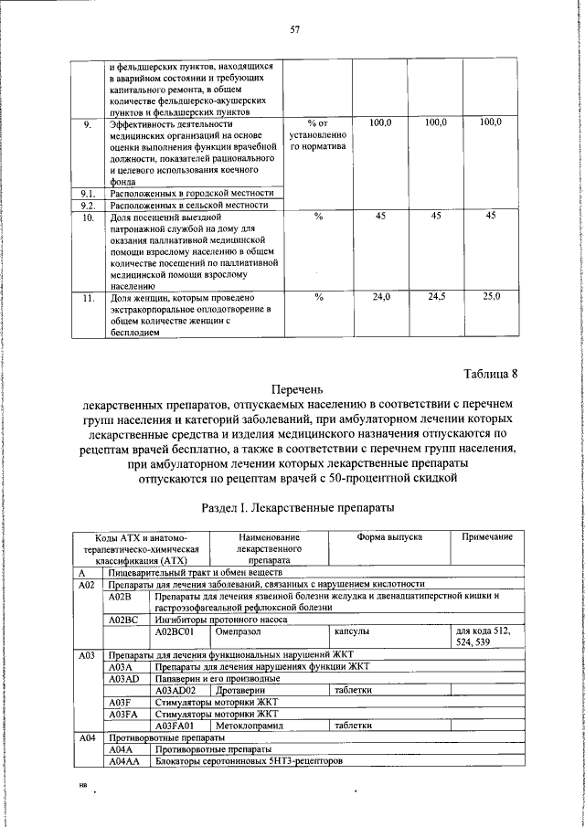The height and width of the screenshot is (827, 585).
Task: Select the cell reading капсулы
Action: coord(351,631)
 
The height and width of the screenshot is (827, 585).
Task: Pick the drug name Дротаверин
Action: coord(240,691)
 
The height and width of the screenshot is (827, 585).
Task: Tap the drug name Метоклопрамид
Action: coord(250,726)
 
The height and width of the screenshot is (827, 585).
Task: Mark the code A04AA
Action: coord(124,760)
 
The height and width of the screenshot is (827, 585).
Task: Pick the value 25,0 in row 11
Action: coord(492,298)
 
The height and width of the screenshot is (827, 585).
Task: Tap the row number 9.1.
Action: coord(89,194)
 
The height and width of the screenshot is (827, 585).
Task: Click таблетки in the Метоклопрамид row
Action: coord(353,726)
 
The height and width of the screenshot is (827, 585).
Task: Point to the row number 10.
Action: coord(89,217)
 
